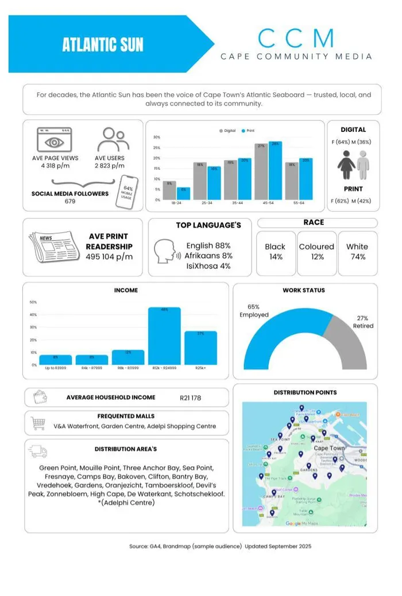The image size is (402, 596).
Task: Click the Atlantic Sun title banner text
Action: pyautogui.click(x=103, y=45)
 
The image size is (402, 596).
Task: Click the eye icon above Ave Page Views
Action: pyautogui.click(x=54, y=140)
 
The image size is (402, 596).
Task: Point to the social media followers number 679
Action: pyautogui.click(x=70, y=201)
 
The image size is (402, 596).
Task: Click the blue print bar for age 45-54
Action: pyautogui.click(x=275, y=170)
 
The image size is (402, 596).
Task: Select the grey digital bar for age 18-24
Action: pyautogui.click(x=169, y=190)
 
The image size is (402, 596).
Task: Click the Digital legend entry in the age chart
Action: pyautogui.click(x=227, y=131)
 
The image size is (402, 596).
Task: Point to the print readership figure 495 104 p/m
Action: pyautogui.click(x=109, y=256)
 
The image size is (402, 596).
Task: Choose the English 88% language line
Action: pyautogui.click(x=208, y=246)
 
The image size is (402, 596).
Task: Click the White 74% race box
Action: pyautogui.click(x=357, y=251)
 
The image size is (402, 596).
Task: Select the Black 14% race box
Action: pyautogui.click(x=275, y=251)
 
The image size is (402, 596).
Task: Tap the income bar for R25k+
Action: pyautogui.click(x=200, y=348)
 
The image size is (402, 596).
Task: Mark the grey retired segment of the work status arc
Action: pyautogui.click(x=351, y=344)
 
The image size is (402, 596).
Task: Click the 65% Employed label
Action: pyautogui.click(x=254, y=311)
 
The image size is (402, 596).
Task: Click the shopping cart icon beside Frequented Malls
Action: pyautogui.click(x=38, y=423)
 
